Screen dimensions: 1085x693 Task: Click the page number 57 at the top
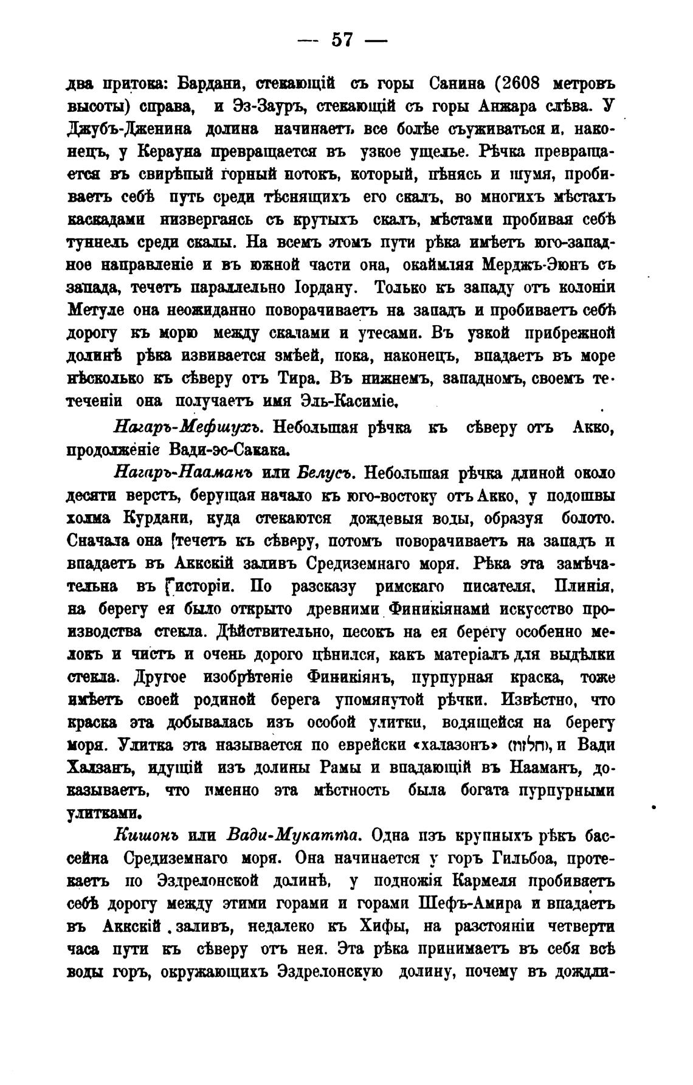(342, 41)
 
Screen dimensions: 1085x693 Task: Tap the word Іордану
(322, 288)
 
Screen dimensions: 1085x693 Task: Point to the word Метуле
(95, 310)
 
